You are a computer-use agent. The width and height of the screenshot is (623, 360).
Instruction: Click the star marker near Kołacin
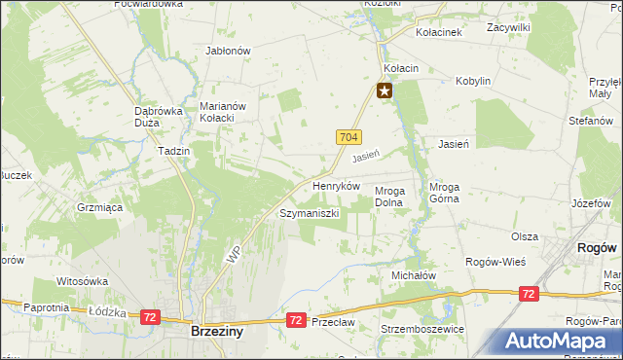[x=385, y=91]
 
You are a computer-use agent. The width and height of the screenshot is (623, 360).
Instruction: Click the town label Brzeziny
[x=215, y=331]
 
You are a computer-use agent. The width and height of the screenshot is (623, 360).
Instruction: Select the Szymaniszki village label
[x=309, y=212]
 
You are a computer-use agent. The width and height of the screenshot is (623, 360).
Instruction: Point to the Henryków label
[x=336, y=185]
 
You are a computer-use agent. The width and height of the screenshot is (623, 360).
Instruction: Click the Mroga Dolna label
[x=389, y=197]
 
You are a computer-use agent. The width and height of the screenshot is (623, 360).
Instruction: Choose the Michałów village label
[x=414, y=275]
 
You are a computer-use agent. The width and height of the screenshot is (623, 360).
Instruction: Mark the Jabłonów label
[x=229, y=51]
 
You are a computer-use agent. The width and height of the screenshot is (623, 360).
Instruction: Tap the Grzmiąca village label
[x=98, y=207]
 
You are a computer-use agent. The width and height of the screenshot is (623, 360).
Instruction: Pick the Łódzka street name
[x=101, y=311]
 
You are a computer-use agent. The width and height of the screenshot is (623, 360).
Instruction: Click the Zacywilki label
[x=508, y=28]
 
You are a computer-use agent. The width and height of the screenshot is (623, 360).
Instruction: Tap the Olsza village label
[x=525, y=236]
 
